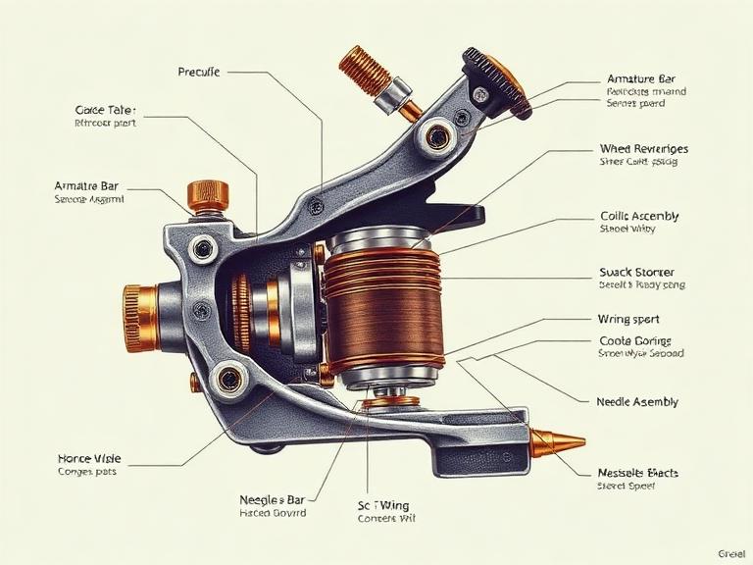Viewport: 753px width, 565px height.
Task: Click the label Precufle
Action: tap(199, 72)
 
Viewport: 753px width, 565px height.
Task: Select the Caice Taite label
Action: tap(105, 110)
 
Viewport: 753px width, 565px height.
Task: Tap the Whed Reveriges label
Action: tap(643, 149)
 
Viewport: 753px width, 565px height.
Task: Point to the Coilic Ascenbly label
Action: tap(638, 216)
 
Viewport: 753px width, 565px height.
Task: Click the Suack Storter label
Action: tap(635, 272)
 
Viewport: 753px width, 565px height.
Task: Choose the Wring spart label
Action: tap(627, 319)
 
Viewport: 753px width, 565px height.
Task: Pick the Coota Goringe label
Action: tap(634, 340)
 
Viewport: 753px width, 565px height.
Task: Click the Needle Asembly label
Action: tap(636, 402)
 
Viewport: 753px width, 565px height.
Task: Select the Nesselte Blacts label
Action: tap(637, 473)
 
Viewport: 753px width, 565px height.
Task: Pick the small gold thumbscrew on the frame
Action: tap(207, 194)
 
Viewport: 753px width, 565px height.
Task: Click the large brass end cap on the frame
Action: tap(140, 317)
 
